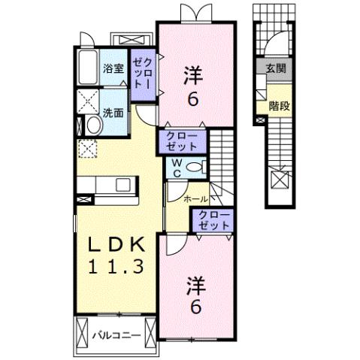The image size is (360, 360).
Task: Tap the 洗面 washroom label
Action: (x=113, y=113)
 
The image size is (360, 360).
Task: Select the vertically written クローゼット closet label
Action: (x=143, y=74)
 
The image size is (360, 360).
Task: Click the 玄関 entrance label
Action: (x=276, y=68)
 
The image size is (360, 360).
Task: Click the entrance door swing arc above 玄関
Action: (x=277, y=41)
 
